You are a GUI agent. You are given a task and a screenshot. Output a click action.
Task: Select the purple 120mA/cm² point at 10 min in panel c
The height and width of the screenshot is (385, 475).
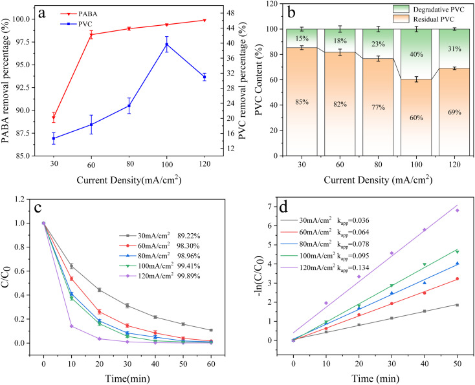(x=71, y=326)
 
